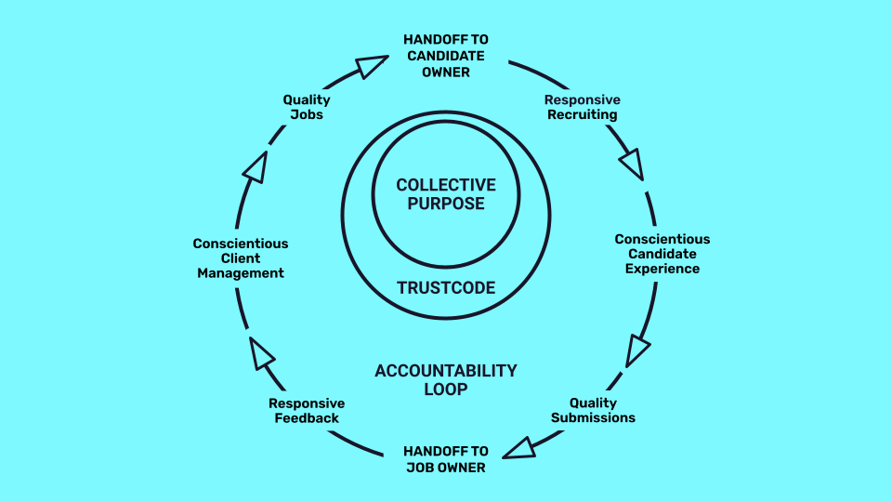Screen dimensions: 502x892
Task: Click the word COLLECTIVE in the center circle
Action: point(446,185)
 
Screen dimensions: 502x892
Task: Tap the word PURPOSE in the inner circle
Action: point(446,204)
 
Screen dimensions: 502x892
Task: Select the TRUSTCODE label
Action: point(446,287)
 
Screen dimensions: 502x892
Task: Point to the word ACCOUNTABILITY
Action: point(446,370)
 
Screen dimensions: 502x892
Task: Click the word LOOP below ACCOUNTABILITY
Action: point(446,390)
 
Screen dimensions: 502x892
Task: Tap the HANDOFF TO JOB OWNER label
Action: point(444,459)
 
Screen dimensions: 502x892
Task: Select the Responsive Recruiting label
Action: point(582,107)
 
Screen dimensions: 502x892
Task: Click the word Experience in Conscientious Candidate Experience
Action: point(662,269)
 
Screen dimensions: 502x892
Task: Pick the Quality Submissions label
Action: point(593,410)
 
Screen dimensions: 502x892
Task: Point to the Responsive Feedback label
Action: point(307,411)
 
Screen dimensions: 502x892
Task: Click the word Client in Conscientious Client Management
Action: point(241,258)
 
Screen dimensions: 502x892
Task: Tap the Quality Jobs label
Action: point(307,107)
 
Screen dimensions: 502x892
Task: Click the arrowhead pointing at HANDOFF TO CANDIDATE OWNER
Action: point(371,66)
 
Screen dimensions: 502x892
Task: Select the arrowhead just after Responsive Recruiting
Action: point(631,165)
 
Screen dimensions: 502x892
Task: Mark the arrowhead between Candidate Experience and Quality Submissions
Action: point(637,350)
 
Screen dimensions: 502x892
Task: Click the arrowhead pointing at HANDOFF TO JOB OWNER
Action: point(518,448)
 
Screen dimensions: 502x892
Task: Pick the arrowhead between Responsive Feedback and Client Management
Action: point(262,353)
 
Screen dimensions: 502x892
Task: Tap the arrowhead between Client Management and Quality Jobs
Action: point(255,167)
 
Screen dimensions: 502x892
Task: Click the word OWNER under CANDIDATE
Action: point(446,72)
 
